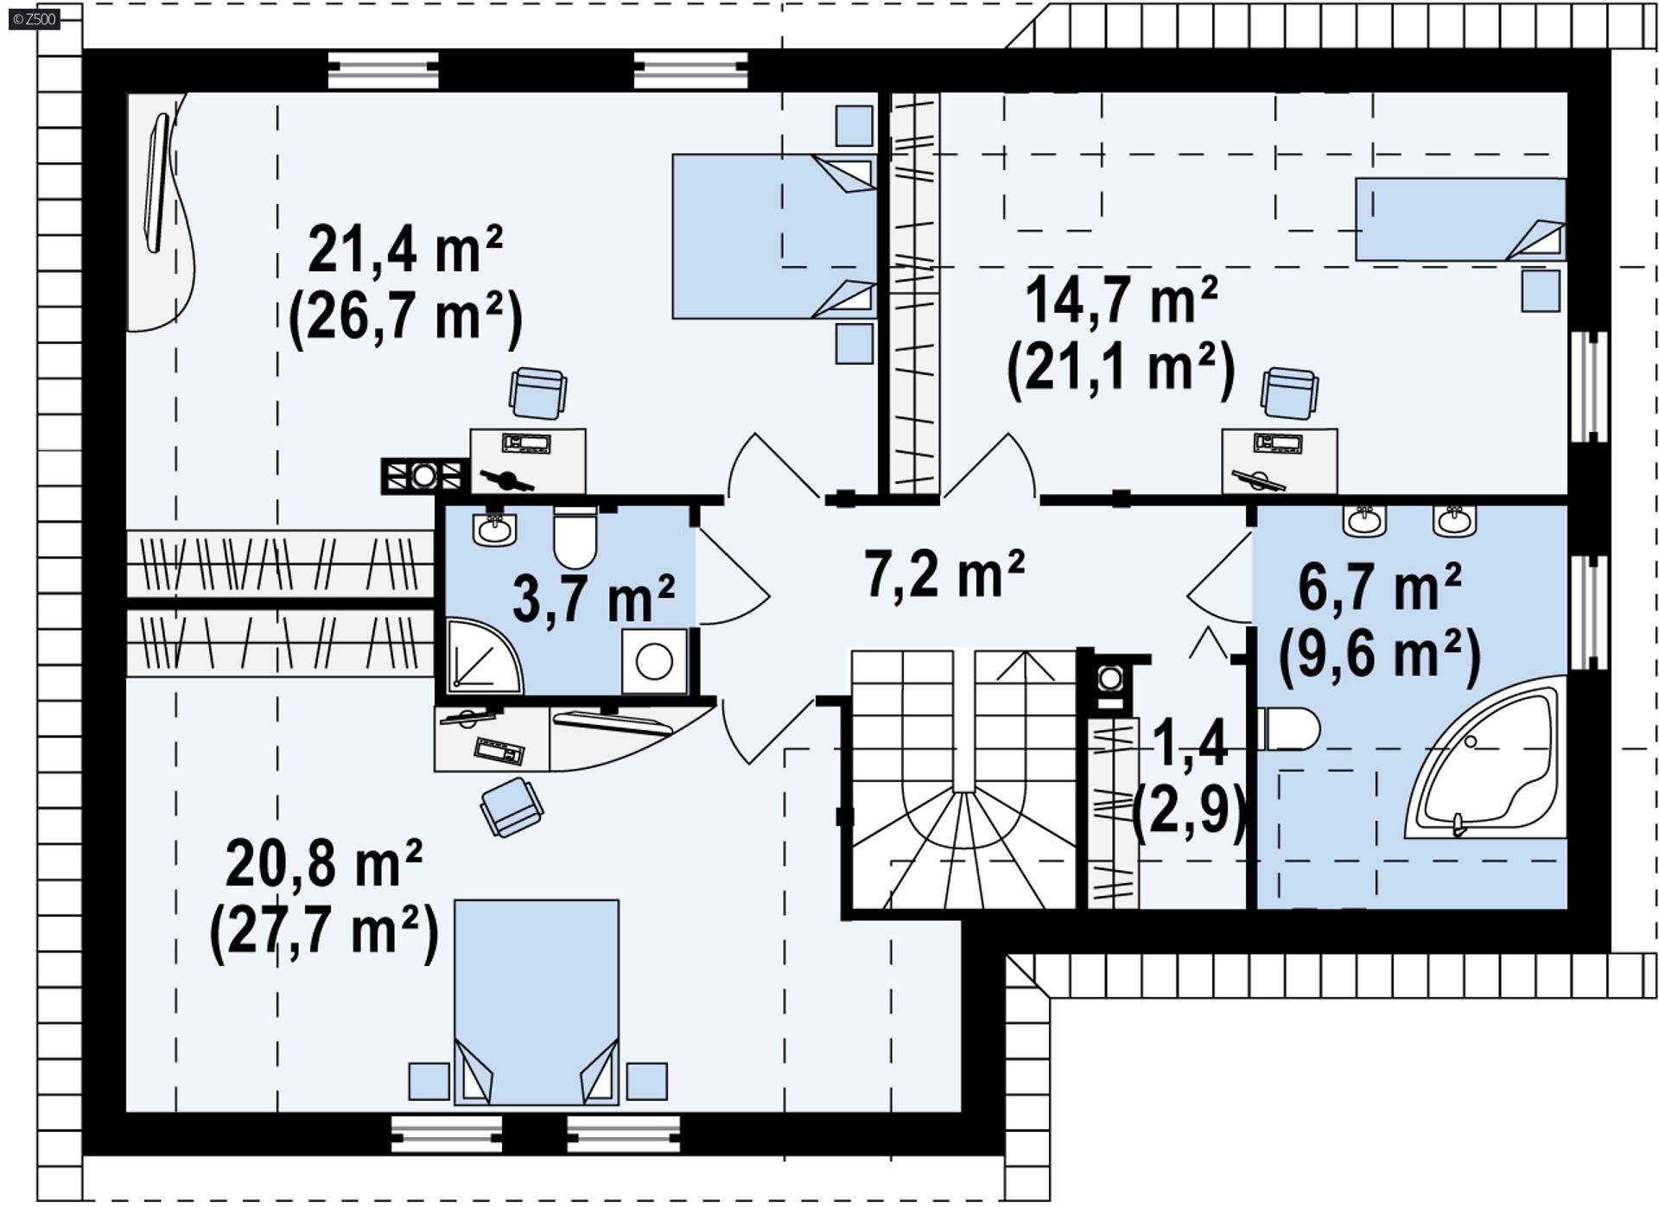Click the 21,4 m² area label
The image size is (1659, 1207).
(405, 250)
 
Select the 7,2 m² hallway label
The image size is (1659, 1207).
(944, 574)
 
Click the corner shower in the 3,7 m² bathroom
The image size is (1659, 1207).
(484, 656)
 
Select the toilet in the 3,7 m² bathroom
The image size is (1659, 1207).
(575, 537)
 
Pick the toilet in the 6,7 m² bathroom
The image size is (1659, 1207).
(1288, 729)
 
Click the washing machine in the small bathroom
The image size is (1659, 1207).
(654, 662)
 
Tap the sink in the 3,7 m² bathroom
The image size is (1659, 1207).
(494, 528)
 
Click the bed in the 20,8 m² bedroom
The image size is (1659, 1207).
(537, 1002)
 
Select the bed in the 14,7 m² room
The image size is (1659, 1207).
(1460, 219)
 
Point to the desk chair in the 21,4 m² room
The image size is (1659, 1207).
(537, 392)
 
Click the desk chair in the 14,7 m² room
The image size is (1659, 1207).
(1289, 393)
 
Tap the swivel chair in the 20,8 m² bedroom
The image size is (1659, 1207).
(512, 807)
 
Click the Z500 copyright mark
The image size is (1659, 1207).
(35, 19)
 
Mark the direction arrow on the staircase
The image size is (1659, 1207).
(1026, 666)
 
